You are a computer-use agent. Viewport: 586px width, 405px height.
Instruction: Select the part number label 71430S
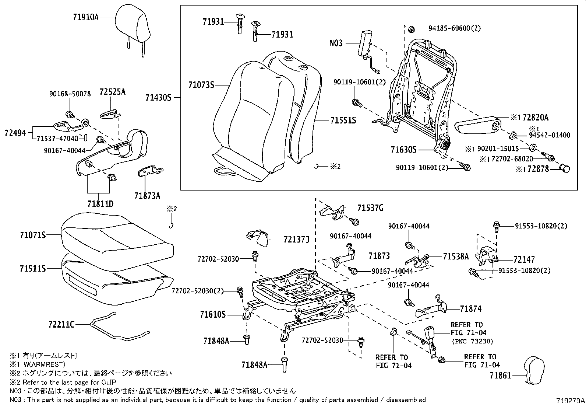pyautogui.click(x=158, y=98)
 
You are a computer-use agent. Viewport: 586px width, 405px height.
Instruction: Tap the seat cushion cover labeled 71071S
pyautogui.click(x=116, y=236)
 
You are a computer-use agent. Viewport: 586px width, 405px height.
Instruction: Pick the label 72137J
pyautogui.click(x=296, y=240)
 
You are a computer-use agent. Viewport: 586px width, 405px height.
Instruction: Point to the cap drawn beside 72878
pyautogui.click(x=565, y=169)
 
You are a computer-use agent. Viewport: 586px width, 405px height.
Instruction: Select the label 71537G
pyautogui.click(x=370, y=208)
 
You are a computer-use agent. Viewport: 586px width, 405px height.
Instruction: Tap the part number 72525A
pyautogui.click(x=112, y=92)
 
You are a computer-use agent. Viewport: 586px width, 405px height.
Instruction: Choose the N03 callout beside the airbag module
pyautogui.click(x=336, y=43)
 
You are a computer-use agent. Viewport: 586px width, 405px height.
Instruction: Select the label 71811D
pyautogui.click(x=100, y=204)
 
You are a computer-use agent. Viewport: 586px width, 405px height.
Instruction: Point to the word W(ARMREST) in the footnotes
pyautogui.click(x=45, y=364)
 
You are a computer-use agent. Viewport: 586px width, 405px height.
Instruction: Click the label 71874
pyautogui.click(x=470, y=309)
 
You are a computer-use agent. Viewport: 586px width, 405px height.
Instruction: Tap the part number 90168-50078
pyautogui.click(x=70, y=94)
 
